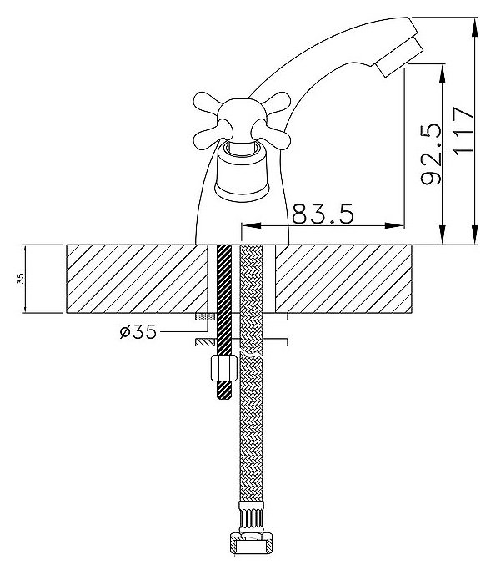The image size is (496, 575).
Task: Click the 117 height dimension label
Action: tap(464, 130)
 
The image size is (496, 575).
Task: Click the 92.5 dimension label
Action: tap(431, 154)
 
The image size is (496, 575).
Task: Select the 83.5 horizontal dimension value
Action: tap(323, 214)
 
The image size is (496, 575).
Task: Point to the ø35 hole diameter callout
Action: tap(138, 331)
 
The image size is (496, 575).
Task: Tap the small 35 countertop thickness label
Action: tap(21, 279)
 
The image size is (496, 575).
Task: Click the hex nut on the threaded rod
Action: tap(224, 367)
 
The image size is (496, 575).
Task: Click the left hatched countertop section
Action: tap(137, 279)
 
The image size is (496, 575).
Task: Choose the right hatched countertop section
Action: tap(343, 279)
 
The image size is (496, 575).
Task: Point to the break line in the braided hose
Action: tap(251, 354)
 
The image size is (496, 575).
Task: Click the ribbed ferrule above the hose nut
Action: tap(251, 517)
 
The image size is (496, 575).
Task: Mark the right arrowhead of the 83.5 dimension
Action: tap(394, 225)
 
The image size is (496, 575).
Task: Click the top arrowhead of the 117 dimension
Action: tap(475, 27)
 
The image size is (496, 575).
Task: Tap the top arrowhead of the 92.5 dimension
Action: tap(443, 73)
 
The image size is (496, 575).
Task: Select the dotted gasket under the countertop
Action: tap(206, 316)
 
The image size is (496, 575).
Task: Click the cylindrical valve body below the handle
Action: tap(242, 173)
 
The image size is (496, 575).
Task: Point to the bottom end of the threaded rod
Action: tap(224, 398)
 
